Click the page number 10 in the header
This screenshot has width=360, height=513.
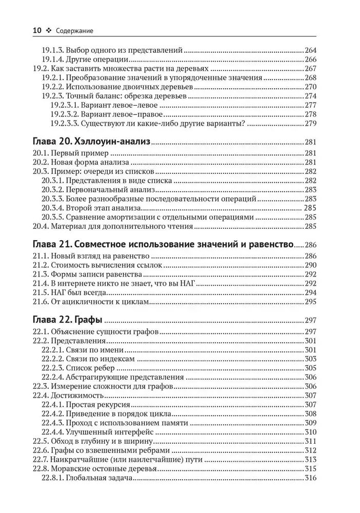click(x=37, y=31)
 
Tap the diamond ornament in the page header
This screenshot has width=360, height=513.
click(x=49, y=31)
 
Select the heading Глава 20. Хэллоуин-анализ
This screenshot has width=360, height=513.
click(x=91, y=143)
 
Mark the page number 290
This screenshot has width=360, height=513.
click(x=311, y=265)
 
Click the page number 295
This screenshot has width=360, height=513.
click(x=311, y=303)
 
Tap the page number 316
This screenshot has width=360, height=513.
click(x=311, y=478)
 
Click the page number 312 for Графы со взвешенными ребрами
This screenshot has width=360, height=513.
click(x=311, y=450)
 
